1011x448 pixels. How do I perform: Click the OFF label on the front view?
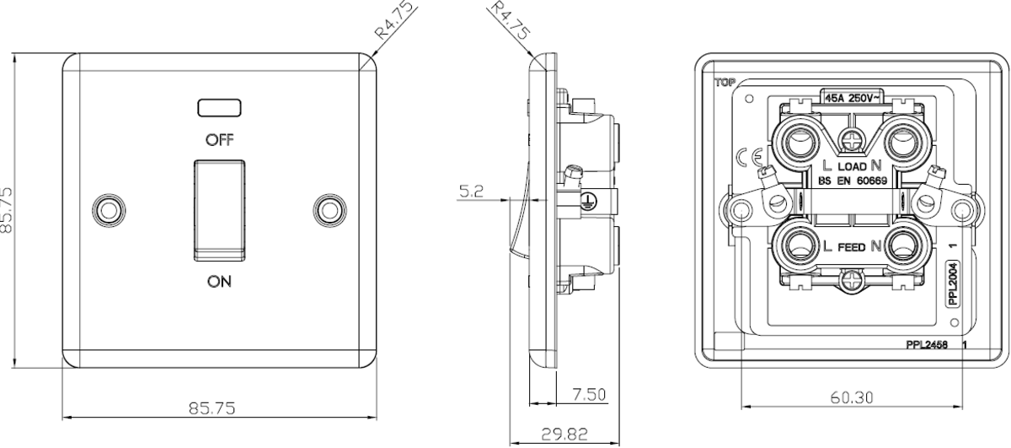click(220, 140)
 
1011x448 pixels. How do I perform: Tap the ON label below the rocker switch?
click(219, 282)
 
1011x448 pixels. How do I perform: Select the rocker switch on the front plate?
click(220, 210)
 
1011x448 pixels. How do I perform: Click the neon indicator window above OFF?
click(219, 108)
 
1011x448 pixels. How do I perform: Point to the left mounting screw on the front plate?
click(109, 210)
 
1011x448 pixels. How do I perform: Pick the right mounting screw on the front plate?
click(330, 210)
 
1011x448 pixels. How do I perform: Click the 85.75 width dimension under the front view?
click(212, 408)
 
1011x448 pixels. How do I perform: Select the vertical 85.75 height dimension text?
click(8, 210)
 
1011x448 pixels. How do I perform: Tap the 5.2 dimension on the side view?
click(471, 192)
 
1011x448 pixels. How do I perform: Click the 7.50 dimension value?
click(590, 395)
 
